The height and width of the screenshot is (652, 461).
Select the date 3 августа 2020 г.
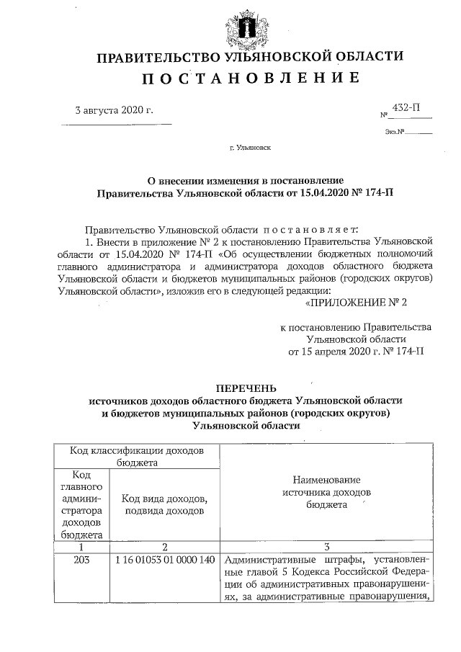(x=115, y=110)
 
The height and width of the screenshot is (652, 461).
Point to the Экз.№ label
(x=393, y=132)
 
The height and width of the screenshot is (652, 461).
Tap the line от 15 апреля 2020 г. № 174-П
(x=356, y=352)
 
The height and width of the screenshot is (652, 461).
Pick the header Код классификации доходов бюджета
(x=136, y=455)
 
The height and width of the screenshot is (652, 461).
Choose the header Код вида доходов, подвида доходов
(x=165, y=504)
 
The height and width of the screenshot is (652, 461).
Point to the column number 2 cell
(x=165, y=547)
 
